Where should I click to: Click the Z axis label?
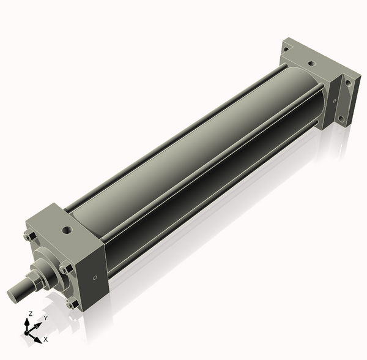(31, 313)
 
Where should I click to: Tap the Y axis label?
(46, 318)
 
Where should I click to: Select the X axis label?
(46, 339)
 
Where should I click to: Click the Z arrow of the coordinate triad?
(27, 325)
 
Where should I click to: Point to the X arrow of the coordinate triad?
(34, 338)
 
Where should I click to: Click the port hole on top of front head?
(67, 230)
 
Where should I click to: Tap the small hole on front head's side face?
(95, 278)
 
